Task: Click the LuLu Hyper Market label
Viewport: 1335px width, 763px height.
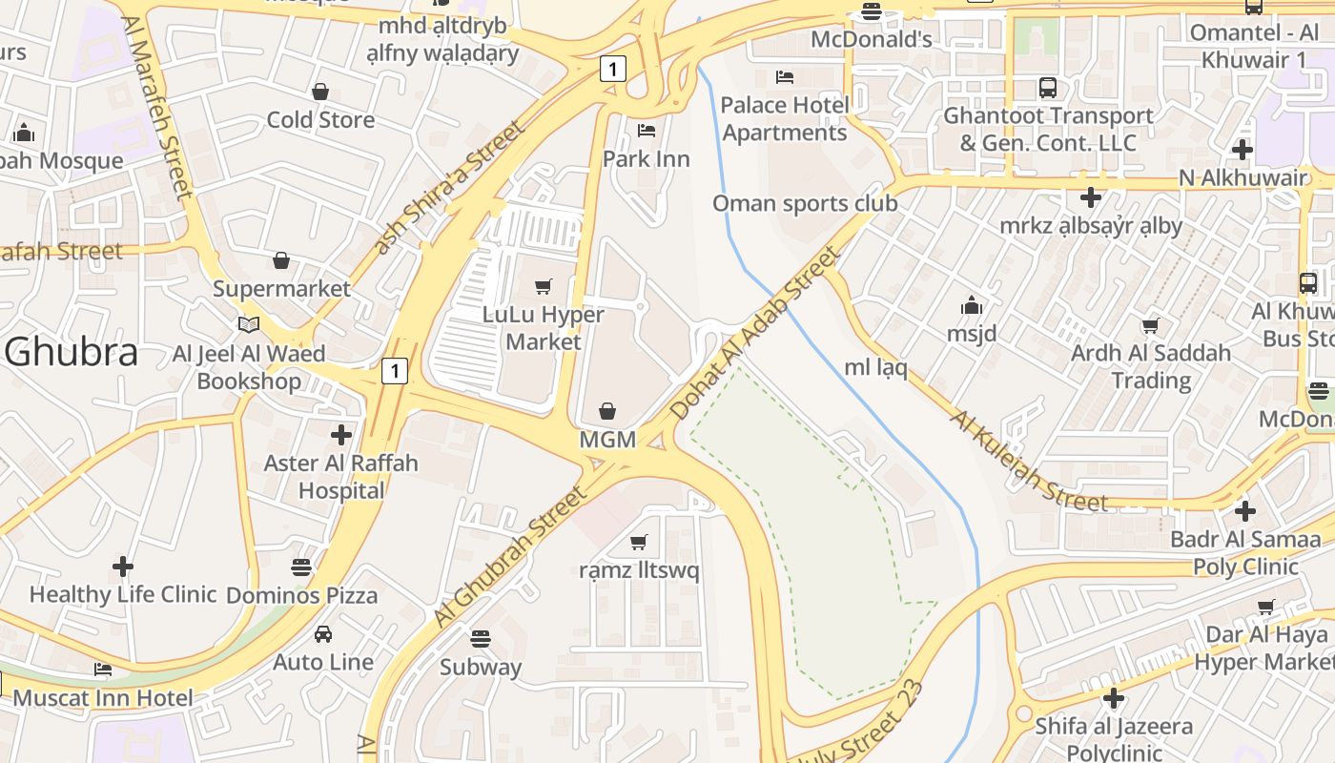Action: click(544, 328)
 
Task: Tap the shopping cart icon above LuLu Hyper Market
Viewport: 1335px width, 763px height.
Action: click(544, 286)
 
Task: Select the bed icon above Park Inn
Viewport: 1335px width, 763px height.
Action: click(647, 130)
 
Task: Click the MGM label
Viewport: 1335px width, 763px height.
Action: click(607, 440)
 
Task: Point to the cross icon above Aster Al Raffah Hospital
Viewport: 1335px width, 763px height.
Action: click(341, 435)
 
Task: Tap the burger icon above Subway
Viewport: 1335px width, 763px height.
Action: click(481, 638)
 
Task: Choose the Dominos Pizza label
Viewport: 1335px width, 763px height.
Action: click(301, 595)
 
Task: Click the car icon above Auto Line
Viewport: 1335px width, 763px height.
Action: click(323, 633)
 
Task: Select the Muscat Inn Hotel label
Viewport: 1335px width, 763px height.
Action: click(103, 698)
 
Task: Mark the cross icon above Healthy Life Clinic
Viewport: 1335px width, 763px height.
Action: click(123, 567)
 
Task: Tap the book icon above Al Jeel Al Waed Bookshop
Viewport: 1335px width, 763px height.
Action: click(249, 325)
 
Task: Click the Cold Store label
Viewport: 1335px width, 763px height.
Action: click(320, 120)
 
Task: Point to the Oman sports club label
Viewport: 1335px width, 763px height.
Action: click(805, 203)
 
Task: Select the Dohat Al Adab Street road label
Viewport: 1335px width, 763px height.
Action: click(755, 333)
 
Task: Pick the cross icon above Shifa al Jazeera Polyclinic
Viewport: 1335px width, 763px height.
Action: click(1114, 698)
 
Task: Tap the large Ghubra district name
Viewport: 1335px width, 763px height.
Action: click(72, 352)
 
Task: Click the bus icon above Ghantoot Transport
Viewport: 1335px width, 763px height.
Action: click(1048, 88)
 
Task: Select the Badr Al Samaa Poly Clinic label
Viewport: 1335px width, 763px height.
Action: click(1245, 552)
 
